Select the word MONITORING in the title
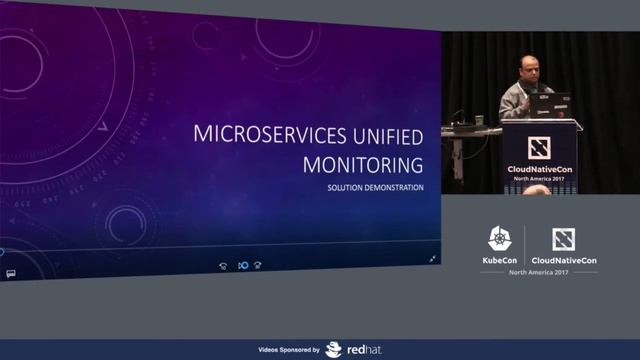358,164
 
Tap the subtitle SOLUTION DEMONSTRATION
375,188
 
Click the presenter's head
527,72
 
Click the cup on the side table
479,119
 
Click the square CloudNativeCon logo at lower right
563,239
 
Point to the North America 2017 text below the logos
538,272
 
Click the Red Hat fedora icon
333,350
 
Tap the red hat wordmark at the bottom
360,350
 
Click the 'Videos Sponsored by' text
289,350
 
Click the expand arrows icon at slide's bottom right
433,258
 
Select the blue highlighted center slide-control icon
242,265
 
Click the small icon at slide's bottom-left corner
9,272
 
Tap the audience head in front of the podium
536,189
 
